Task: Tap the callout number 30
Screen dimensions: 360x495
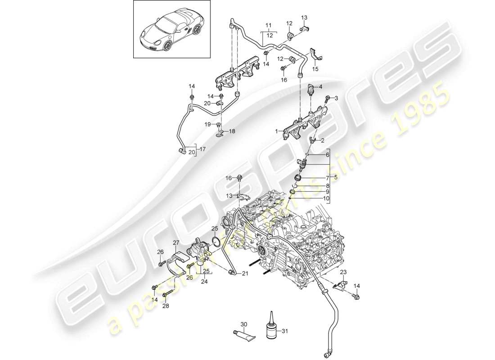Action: click(243, 324)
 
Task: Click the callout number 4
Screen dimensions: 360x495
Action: click(321, 86)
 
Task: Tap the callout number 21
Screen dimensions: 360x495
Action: click(245, 273)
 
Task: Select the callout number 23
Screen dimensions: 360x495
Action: click(343, 272)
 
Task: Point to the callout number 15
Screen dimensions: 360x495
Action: click(315, 69)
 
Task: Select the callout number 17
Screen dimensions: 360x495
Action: click(202, 149)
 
